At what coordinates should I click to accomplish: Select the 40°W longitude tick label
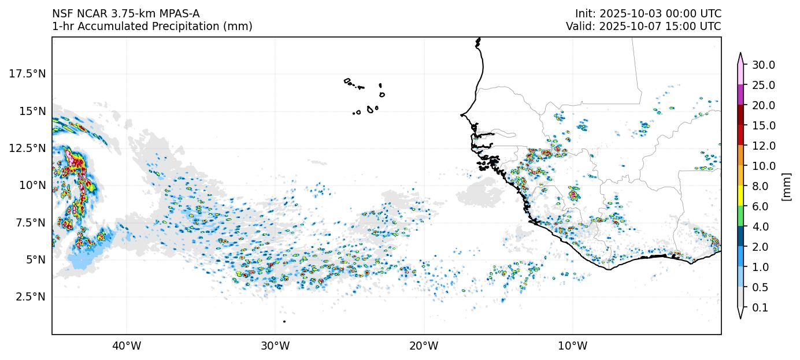(x=127, y=346)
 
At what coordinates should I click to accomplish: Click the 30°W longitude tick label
(x=275, y=346)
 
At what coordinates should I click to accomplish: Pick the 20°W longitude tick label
(x=424, y=346)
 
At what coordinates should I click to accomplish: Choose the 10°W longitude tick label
(x=573, y=346)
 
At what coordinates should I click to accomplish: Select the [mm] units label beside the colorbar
(x=786, y=186)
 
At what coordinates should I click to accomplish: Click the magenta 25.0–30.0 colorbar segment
(x=740, y=95)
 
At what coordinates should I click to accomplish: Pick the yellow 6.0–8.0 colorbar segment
(x=740, y=196)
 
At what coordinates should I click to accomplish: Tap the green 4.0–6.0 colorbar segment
(x=740, y=217)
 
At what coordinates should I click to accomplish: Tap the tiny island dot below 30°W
(x=284, y=321)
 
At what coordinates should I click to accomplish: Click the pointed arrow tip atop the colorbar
(x=740, y=54)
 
